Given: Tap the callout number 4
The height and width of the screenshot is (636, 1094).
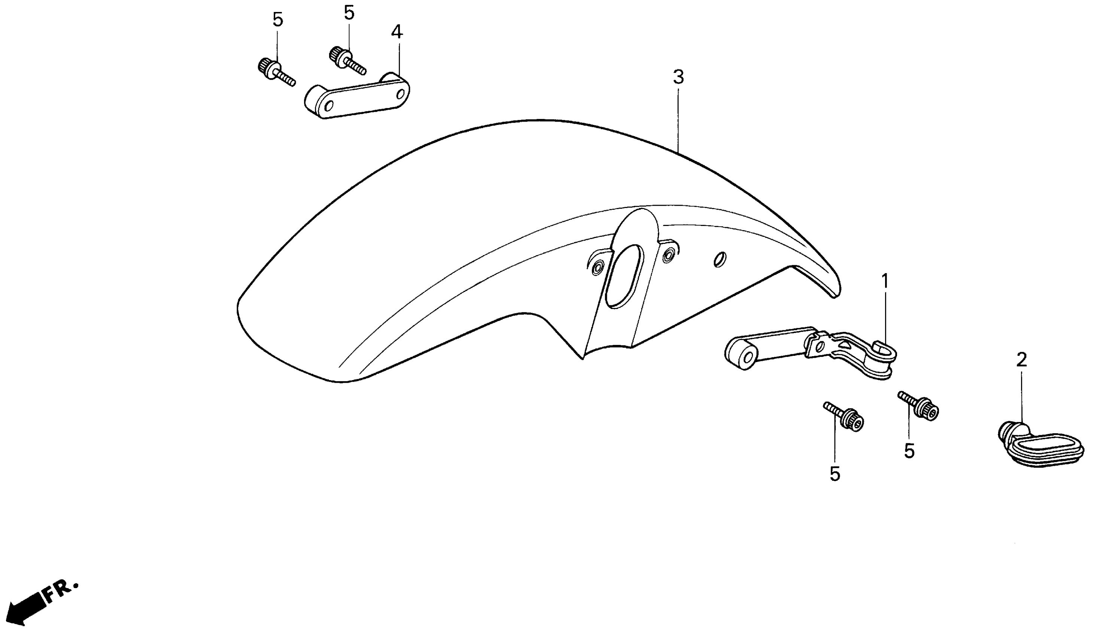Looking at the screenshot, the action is [x=397, y=32].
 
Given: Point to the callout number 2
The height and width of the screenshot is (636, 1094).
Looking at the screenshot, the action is [x=1021, y=360].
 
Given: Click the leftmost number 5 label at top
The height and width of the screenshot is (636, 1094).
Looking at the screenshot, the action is [x=278, y=19].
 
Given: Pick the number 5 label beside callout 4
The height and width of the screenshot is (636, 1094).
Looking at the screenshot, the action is [x=349, y=13].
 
